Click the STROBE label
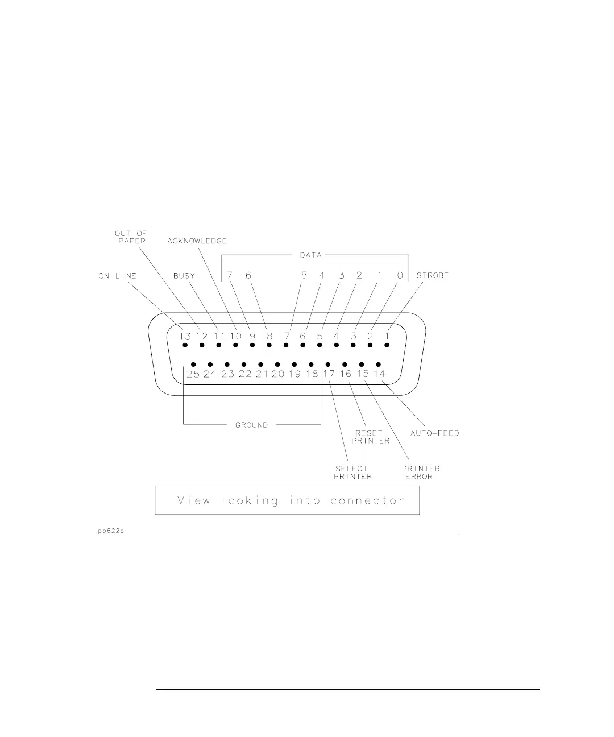click(x=433, y=276)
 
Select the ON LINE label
click(x=118, y=276)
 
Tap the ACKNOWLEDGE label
click(x=197, y=241)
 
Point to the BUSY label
click(x=184, y=276)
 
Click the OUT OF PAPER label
click(x=131, y=237)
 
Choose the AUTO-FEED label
click(x=435, y=433)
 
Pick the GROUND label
click(x=251, y=425)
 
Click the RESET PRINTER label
click(x=371, y=437)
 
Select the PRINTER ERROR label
click(x=421, y=473)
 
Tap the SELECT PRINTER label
click(x=353, y=473)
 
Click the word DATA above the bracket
click(x=311, y=255)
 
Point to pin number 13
click(x=185, y=337)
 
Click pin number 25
click(x=193, y=374)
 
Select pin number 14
click(x=379, y=374)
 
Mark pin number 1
click(x=387, y=337)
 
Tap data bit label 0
click(x=400, y=276)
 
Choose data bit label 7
click(x=230, y=276)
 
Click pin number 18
click(x=312, y=374)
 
